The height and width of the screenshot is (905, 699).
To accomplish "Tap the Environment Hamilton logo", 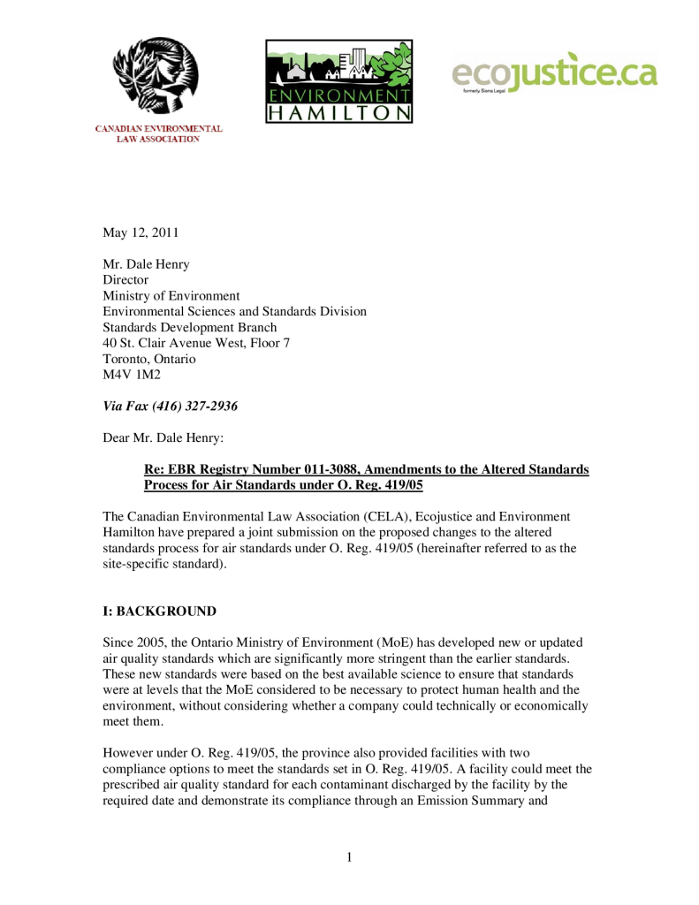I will coord(338,81).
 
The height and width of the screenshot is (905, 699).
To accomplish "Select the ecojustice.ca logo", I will coord(554,72).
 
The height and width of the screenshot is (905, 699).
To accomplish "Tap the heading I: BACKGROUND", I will coord(159,612).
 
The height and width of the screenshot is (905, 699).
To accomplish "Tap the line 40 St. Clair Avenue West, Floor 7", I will coord(196,343).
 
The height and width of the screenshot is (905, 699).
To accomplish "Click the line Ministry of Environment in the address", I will coord(171,296).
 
